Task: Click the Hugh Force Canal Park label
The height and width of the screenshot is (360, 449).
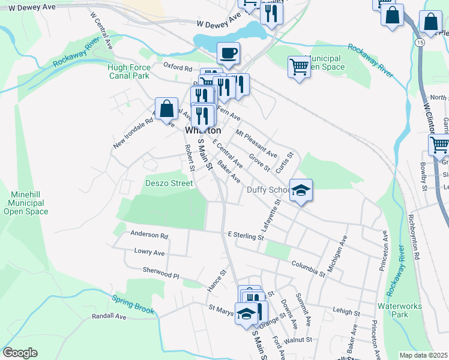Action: point(129,72)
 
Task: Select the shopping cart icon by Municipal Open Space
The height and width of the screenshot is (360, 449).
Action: point(299,67)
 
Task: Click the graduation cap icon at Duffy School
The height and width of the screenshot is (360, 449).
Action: point(301,191)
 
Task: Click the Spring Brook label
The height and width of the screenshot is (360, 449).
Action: point(133,305)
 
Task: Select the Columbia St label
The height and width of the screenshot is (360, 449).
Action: point(309,268)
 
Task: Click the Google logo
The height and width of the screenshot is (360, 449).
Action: point(20,353)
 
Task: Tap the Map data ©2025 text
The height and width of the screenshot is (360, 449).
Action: point(423,355)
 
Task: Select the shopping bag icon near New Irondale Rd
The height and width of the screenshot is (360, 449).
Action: point(167,110)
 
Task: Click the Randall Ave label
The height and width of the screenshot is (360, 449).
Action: point(109,316)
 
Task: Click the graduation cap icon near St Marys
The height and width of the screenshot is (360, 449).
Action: point(246,313)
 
